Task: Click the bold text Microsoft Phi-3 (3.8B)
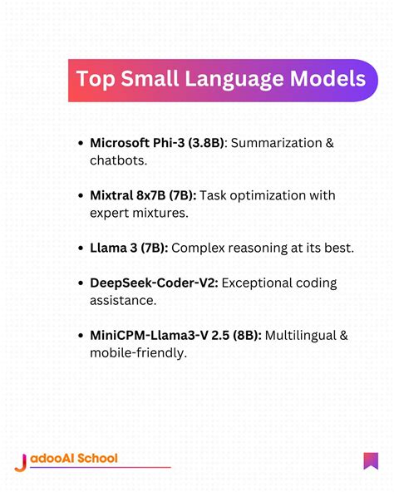point(156,144)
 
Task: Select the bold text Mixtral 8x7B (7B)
point(143,196)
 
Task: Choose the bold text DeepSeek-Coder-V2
point(154,283)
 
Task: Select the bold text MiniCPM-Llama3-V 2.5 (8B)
point(175,336)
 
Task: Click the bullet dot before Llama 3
point(79,248)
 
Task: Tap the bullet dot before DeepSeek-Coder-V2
point(79,284)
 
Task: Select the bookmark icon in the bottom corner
point(371,460)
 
